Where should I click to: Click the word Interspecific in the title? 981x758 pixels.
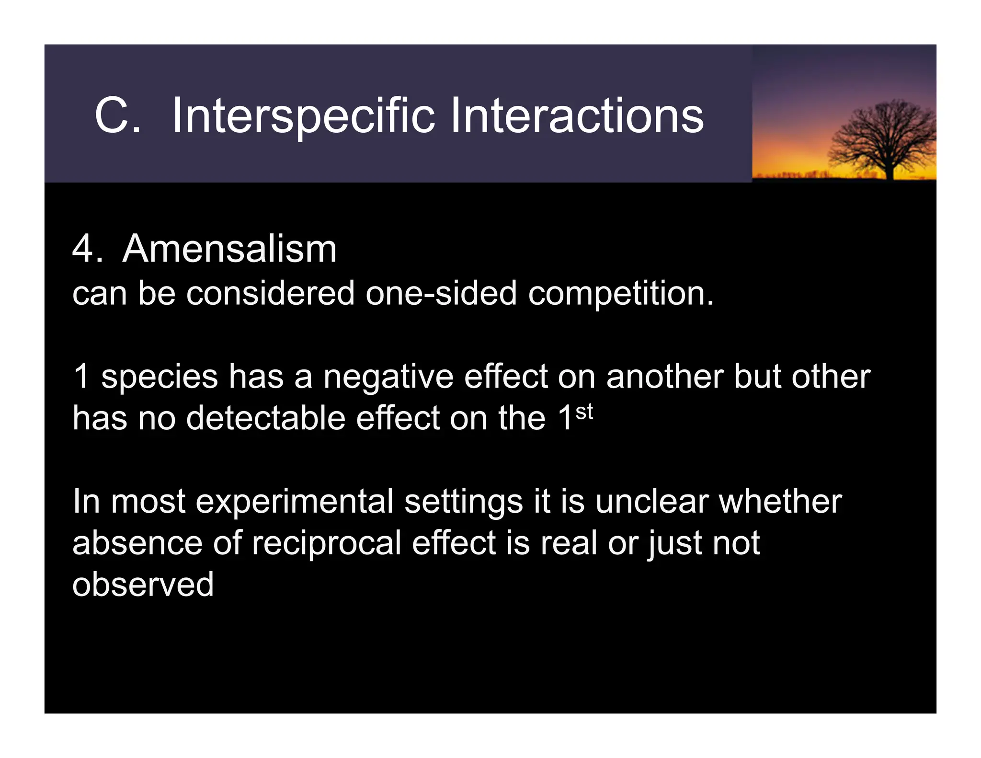303,116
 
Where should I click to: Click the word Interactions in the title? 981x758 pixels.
576,116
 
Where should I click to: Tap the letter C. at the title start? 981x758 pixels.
117,116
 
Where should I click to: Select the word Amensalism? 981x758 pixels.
229,249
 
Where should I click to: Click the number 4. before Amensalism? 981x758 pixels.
87,249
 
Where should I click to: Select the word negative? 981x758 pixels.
388,378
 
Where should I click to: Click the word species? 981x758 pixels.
160,378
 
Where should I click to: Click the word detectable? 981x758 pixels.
265,418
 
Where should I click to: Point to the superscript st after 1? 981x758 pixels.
584,412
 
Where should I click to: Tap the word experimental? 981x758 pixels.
294,502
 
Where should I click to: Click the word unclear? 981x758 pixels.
652,501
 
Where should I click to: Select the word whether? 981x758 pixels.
780,501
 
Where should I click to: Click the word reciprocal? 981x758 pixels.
326,544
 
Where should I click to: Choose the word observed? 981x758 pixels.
143,585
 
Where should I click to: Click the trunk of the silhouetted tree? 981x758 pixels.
890,171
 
